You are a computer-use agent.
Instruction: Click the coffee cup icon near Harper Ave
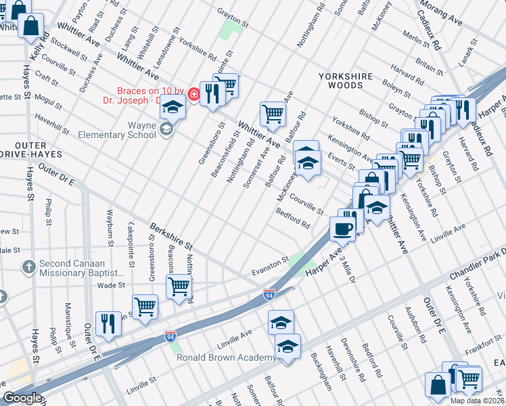tap(342, 227)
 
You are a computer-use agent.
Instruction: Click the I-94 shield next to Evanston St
tap(269, 294)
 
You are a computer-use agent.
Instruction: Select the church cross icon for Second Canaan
tap(28, 267)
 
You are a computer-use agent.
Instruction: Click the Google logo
tap(22, 398)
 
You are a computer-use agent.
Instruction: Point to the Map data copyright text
tap(477, 401)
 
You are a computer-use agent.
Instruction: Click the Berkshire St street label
tap(171, 235)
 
